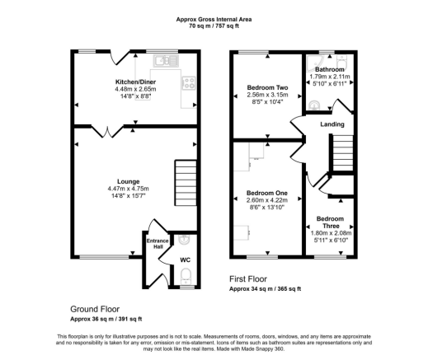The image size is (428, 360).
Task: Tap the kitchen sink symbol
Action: point(162,59)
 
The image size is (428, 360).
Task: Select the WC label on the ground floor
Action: point(185,259)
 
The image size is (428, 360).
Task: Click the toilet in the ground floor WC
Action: point(186,275)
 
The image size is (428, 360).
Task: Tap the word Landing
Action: point(332,124)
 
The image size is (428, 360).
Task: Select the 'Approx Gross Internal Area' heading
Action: point(213,17)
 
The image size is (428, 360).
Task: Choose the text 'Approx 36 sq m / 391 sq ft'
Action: point(106,319)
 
